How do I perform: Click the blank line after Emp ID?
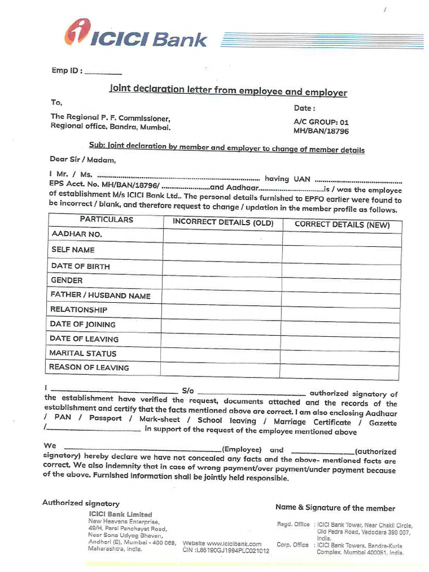pyautogui.click(x=103, y=72)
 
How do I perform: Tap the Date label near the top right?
pyautogui.click(x=304, y=108)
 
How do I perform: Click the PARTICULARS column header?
pyautogui.click(x=106, y=220)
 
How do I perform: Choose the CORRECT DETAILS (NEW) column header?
pyautogui.click(x=341, y=225)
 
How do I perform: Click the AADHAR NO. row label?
pyautogui.click(x=77, y=235)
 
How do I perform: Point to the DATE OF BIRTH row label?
pyautogui.click(x=80, y=266)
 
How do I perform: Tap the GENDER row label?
pyautogui.click(x=66, y=280)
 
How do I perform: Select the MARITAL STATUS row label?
pyautogui.click(x=83, y=354)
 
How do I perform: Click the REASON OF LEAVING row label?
pyautogui.click(x=89, y=368)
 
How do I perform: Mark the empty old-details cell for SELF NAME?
pyautogui.click(x=222, y=251)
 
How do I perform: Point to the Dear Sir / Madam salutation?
pyautogui.click(x=83, y=160)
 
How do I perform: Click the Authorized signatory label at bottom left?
pyautogui.click(x=81, y=503)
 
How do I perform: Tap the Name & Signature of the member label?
pyautogui.click(x=335, y=508)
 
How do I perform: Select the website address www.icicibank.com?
pyautogui.click(x=222, y=544)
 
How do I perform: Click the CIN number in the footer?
pyautogui.click(x=226, y=551)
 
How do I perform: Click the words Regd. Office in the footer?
pyautogui.click(x=293, y=525)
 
